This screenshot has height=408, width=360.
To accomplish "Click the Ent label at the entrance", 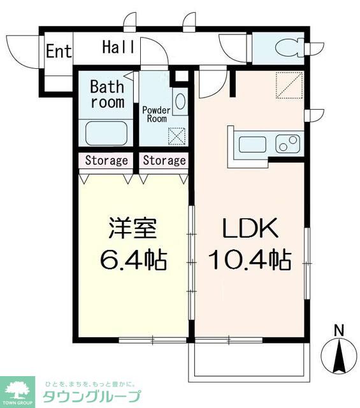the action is pos(59,51).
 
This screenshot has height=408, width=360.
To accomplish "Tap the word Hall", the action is pos(119,47).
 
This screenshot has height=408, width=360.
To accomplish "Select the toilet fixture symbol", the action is pos(289,48).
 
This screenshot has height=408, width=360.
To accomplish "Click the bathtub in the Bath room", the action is pos(106,133).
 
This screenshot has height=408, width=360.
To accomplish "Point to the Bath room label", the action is pos(107,94).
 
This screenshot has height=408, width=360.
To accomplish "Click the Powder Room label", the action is pos(156,115).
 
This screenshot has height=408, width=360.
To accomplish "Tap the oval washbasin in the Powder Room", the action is pos(180,101).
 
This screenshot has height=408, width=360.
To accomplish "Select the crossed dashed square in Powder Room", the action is pos(177,136).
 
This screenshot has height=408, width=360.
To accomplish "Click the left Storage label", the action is pos(106,161).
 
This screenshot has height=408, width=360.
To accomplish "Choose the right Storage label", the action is pos(164,161).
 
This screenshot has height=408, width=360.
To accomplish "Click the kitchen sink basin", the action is pos(252,145).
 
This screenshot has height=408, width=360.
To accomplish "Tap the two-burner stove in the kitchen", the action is pos(288,143).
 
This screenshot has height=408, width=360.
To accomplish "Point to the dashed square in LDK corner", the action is pos(289,85).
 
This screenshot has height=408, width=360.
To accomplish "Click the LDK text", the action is pos(250,228).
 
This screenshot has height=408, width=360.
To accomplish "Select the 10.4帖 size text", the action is pos(250,259).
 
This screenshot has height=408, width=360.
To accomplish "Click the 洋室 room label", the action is pos(133,228).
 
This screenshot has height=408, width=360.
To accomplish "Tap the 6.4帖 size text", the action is pos(133,259).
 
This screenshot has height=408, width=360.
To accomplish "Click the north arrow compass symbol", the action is pos(339,356).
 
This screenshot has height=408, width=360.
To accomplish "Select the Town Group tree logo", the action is pos(17,392).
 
